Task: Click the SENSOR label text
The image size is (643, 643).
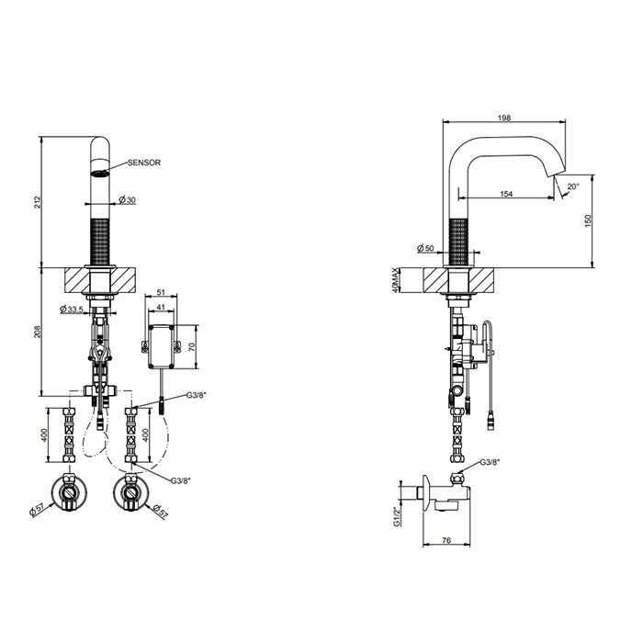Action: point(144,163)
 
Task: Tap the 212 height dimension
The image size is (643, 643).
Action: point(38,202)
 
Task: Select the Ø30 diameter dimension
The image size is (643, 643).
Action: point(127,199)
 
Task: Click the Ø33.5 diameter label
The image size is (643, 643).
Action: point(72,309)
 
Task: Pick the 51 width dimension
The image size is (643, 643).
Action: point(161,292)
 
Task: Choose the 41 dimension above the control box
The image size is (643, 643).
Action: point(161,307)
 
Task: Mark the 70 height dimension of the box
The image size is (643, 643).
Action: point(191,347)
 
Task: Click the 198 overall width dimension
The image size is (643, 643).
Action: point(504,118)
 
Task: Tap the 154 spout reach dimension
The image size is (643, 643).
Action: point(506,194)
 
